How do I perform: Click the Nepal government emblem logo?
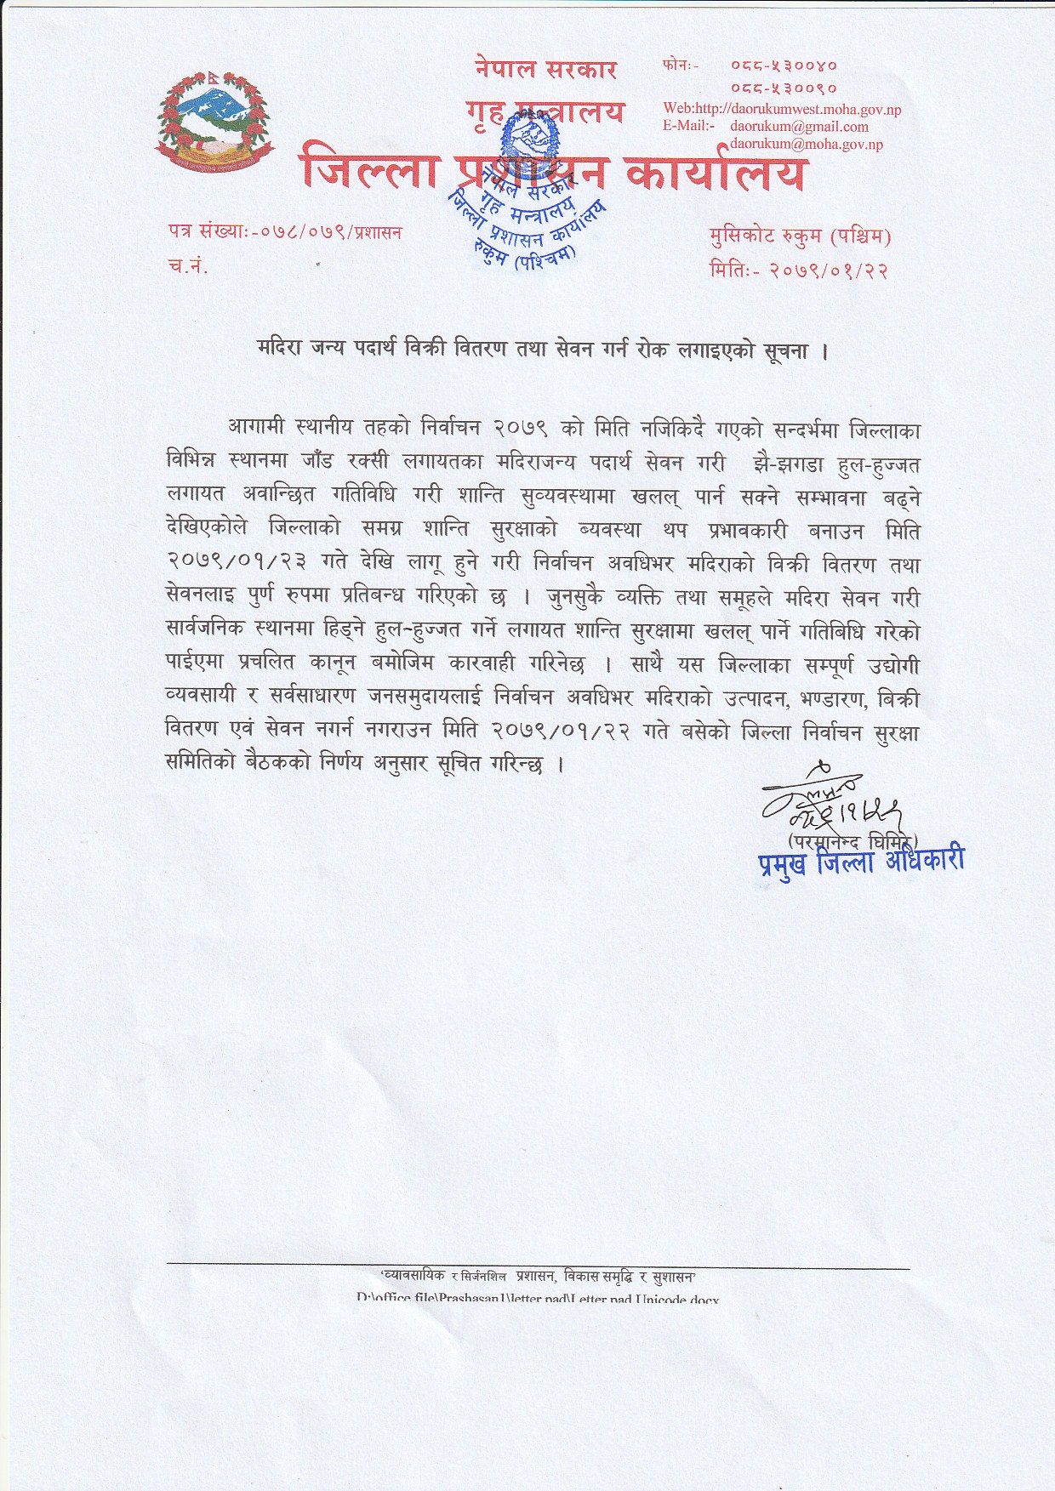click(215, 120)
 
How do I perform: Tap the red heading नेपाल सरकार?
click(545, 69)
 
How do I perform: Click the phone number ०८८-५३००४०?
click(784, 65)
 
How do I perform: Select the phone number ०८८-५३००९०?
click(784, 88)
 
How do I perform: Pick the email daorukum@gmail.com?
click(799, 127)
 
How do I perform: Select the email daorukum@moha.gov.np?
click(806, 145)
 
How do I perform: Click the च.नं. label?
click(188, 266)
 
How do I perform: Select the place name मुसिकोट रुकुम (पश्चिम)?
click(800, 236)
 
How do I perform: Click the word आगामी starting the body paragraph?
click(255, 428)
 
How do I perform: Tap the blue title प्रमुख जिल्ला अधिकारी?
click(861, 862)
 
